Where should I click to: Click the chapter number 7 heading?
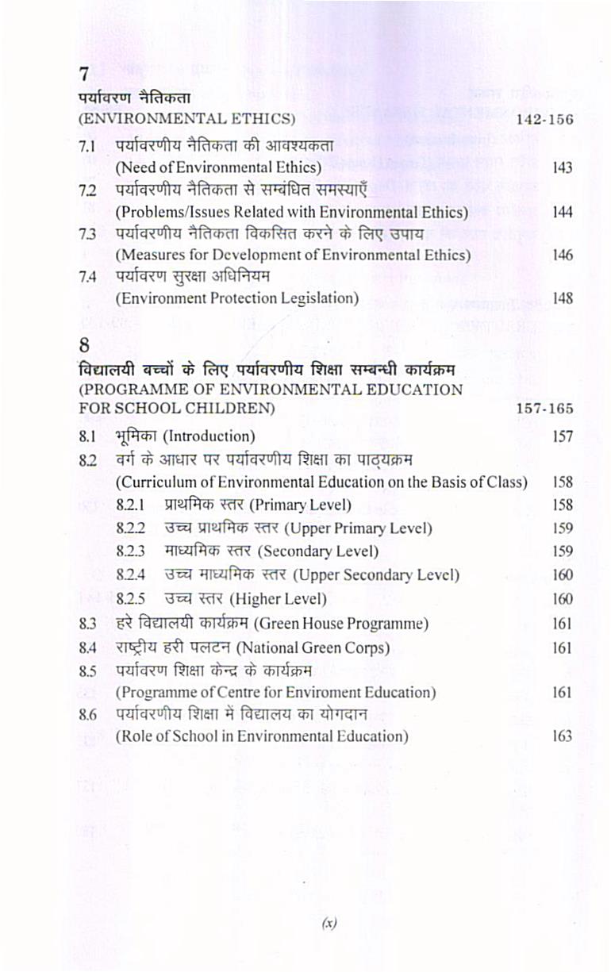pos(83,75)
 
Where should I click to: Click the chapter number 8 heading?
pos(84,346)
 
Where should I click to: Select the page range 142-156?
pos(544,121)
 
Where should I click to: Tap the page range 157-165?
pos(544,409)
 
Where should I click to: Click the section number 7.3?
pos(87,234)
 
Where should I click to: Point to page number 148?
pos(563,299)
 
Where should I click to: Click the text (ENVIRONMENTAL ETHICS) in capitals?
pos(186,120)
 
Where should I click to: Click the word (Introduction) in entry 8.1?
pos(209,436)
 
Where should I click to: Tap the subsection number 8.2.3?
pos(131,551)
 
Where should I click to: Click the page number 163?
pos(562,736)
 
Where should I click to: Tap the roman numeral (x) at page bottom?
pos(329,923)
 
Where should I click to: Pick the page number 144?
pos(563,213)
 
